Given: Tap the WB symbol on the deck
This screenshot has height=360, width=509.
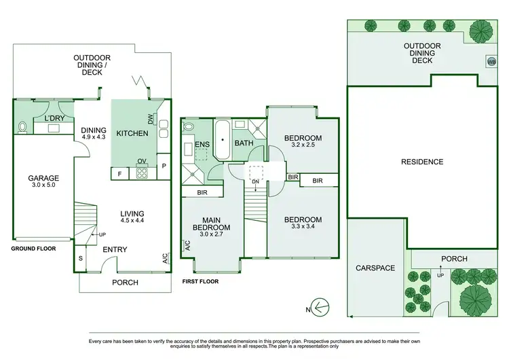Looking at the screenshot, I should (491, 62).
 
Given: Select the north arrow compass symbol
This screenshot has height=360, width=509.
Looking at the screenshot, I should (319, 307).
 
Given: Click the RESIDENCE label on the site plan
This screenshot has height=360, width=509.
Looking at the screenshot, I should (422, 162).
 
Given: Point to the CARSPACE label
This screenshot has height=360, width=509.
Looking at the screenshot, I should (375, 268).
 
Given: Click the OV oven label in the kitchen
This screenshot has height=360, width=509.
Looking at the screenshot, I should (143, 162).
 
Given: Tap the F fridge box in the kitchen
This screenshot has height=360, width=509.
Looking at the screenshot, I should (119, 174).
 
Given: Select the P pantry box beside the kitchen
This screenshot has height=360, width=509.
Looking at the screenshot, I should (164, 166).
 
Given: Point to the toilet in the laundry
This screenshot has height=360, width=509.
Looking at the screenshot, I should (22, 126).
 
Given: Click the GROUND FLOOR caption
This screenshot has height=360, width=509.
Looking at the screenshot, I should (33, 249).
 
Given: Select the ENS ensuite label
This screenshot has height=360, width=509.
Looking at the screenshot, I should (202, 143).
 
